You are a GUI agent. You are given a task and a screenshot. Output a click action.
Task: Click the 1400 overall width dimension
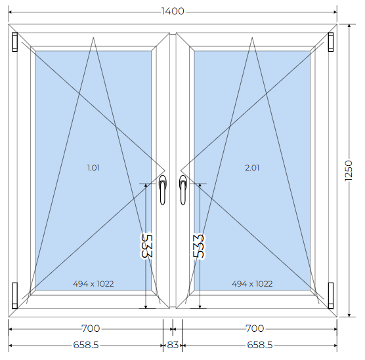pyautogui.click(x=173, y=11)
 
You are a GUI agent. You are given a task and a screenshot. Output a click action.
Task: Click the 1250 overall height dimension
pyautogui.click(x=349, y=170)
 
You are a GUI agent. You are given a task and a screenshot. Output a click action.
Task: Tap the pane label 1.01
pyautogui.click(x=93, y=168)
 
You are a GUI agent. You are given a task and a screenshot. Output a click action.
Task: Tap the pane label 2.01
pyautogui.click(x=252, y=168)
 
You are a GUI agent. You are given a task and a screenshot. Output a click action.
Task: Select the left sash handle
pyautogui.click(x=163, y=190)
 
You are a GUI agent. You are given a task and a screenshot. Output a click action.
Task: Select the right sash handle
pyautogui.click(x=183, y=190)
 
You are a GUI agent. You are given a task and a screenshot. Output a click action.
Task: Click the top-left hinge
pyautogui.click(x=14, y=42)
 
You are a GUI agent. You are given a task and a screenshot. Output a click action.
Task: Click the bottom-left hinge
pyautogui.click(x=14, y=296)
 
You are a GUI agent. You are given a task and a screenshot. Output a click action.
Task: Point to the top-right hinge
pyautogui.click(x=331, y=42)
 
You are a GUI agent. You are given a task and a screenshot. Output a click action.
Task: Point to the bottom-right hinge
pyautogui.click(x=331, y=296)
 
